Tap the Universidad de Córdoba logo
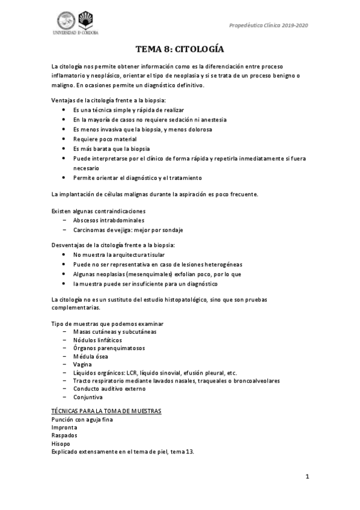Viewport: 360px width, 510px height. click(x=76, y=23)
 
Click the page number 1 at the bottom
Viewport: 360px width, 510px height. click(x=307, y=477)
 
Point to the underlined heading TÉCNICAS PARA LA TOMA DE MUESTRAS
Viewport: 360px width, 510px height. click(x=106, y=411)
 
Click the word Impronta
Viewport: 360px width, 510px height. click(x=64, y=427)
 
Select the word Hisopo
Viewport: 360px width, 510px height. click(x=61, y=443)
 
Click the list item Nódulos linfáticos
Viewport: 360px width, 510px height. click(x=99, y=340)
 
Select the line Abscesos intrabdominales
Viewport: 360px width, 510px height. click(x=108, y=220)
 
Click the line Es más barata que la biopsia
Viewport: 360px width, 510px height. click(x=111, y=148)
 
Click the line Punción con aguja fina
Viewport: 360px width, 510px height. click(x=82, y=419)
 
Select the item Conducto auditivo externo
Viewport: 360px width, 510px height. click(x=111, y=389)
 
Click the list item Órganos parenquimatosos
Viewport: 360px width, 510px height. click(x=109, y=348)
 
